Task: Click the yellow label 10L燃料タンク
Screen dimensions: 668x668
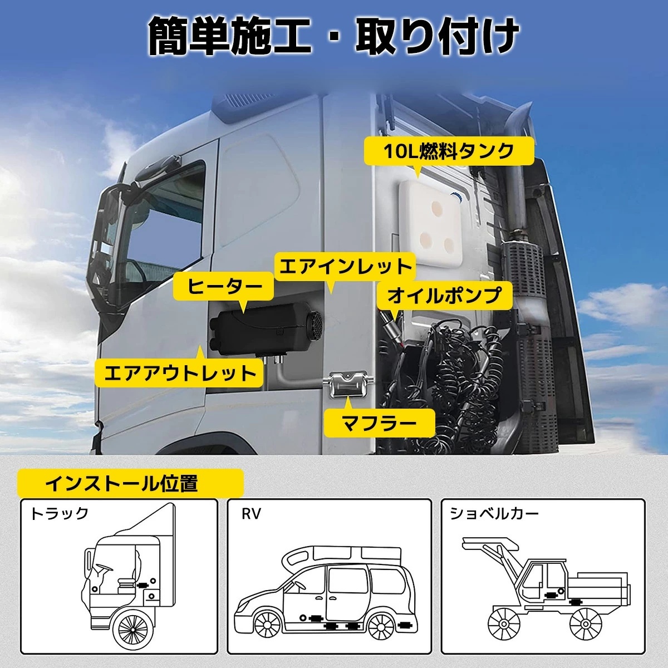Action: (x=449, y=151)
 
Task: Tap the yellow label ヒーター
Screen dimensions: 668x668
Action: (x=224, y=287)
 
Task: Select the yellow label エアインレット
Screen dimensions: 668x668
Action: (x=345, y=267)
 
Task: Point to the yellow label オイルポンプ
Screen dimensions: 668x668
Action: (x=444, y=296)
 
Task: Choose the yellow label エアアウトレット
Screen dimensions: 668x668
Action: (x=179, y=373)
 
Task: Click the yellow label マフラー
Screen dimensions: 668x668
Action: (x=379, y=423)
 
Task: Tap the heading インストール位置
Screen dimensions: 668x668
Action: (x=121, y=483)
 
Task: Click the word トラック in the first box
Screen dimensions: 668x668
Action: (x=59, y=513)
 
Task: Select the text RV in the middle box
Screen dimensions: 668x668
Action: (x=251, y=514)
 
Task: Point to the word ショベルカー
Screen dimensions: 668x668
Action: (x=494, y=513)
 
